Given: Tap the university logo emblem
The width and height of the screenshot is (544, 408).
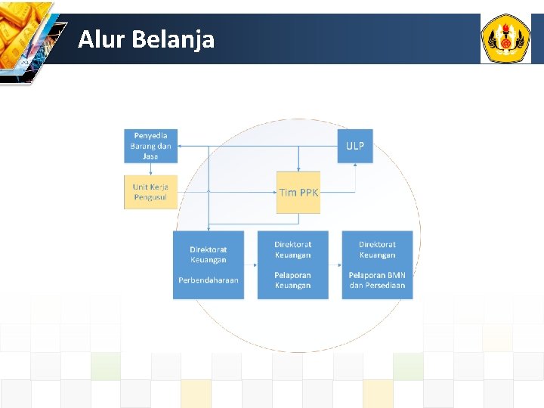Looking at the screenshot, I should point(505,39).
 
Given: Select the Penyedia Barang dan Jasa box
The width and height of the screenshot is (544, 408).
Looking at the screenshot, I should point(150,146).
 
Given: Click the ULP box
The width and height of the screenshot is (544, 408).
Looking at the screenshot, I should point(354,146).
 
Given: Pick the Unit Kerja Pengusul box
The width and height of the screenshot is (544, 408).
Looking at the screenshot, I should point(150,192).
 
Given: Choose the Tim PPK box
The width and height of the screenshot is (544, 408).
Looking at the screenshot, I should point(298,192).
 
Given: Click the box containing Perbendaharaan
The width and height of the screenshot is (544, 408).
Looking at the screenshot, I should point(209,264).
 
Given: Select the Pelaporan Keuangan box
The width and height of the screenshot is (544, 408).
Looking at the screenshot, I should point(292,264).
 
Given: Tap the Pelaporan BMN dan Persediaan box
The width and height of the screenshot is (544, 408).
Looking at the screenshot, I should point(377,264).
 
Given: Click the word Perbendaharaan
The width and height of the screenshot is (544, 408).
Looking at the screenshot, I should point(209,280).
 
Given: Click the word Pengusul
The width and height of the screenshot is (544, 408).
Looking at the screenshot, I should point(150,197).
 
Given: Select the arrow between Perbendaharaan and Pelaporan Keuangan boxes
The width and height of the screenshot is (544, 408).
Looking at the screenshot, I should point(251,264).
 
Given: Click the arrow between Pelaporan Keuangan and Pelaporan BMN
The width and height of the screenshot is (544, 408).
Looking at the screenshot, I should point(335,264).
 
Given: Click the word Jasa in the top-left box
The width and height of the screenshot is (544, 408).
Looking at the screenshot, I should point(150,156).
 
